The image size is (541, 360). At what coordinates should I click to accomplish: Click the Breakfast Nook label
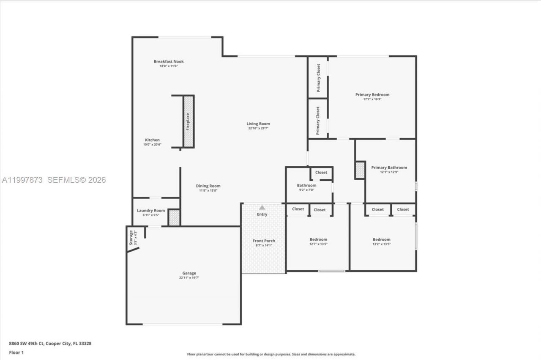coord(169,61)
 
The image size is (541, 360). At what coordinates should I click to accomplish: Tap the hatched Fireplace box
coord(189,121)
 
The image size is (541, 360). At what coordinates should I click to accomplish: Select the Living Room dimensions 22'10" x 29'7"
coord(258,128)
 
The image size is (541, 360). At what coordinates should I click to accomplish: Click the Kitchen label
coord(152,140)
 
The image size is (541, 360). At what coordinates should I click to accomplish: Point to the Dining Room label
coord(208,186)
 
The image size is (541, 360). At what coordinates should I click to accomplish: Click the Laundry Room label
coord(151,210)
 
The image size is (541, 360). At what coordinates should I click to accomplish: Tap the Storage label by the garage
coord(131,238)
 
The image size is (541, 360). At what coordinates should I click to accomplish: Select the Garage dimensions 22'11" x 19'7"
coord(189,278)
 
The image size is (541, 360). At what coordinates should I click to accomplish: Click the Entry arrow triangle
coord(262,207)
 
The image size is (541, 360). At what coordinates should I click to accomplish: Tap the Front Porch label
coord(264,241)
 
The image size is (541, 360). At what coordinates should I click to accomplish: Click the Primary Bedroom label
coord(372,95)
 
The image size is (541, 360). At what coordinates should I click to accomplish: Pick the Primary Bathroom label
coord(389,168)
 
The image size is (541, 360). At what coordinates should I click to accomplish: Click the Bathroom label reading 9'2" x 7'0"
coord(306,185)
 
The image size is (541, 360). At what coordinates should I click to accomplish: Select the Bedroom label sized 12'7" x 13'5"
coord(318,239)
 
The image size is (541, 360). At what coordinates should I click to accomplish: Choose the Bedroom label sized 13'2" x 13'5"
coord(381,239)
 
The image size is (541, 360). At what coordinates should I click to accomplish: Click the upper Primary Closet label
coord(318,77)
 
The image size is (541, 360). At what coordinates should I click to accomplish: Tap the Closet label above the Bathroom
coord(321,173)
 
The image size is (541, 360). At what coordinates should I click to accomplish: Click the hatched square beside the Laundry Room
coord(174,217)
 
